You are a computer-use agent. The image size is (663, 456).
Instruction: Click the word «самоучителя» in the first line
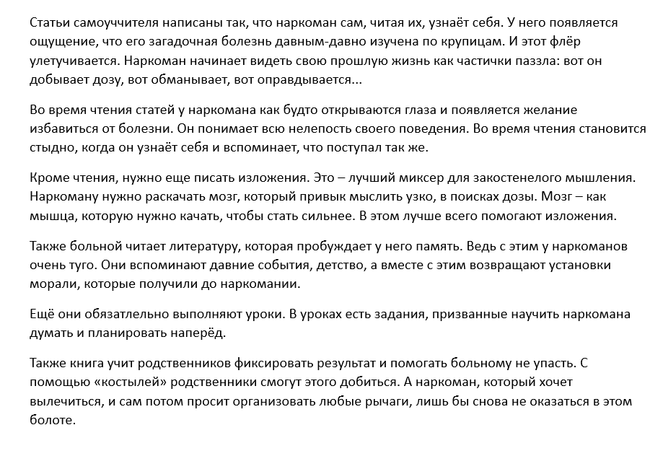(x=107, y=23)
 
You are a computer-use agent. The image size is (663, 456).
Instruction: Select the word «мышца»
(x=50, y=217)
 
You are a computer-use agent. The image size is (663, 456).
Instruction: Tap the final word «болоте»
(x=52, y=421)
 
